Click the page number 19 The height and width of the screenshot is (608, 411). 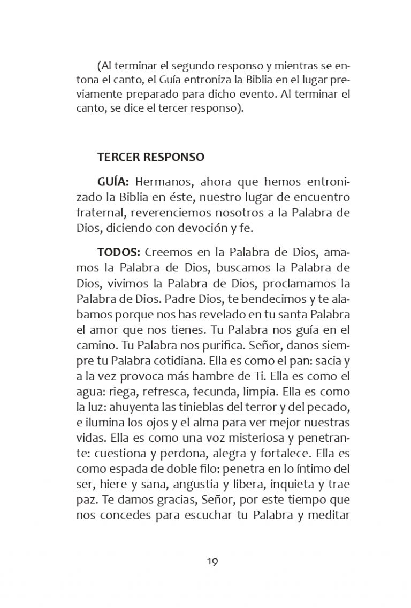point(211,562)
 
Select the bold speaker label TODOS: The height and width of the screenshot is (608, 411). point(119,251)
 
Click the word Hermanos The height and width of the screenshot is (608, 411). point(164,182)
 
